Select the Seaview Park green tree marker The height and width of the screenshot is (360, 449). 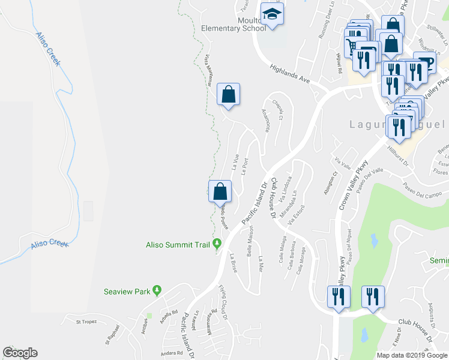(157, 291)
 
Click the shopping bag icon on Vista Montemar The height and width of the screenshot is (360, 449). (228, 94)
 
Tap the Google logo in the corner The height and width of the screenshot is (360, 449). (20, 353)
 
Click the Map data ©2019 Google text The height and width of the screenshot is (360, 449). (411, 355)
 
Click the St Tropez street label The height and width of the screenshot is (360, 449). (86, 322)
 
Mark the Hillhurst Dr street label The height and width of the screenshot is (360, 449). (397, 155)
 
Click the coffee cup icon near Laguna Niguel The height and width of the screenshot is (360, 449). (425, 62)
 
